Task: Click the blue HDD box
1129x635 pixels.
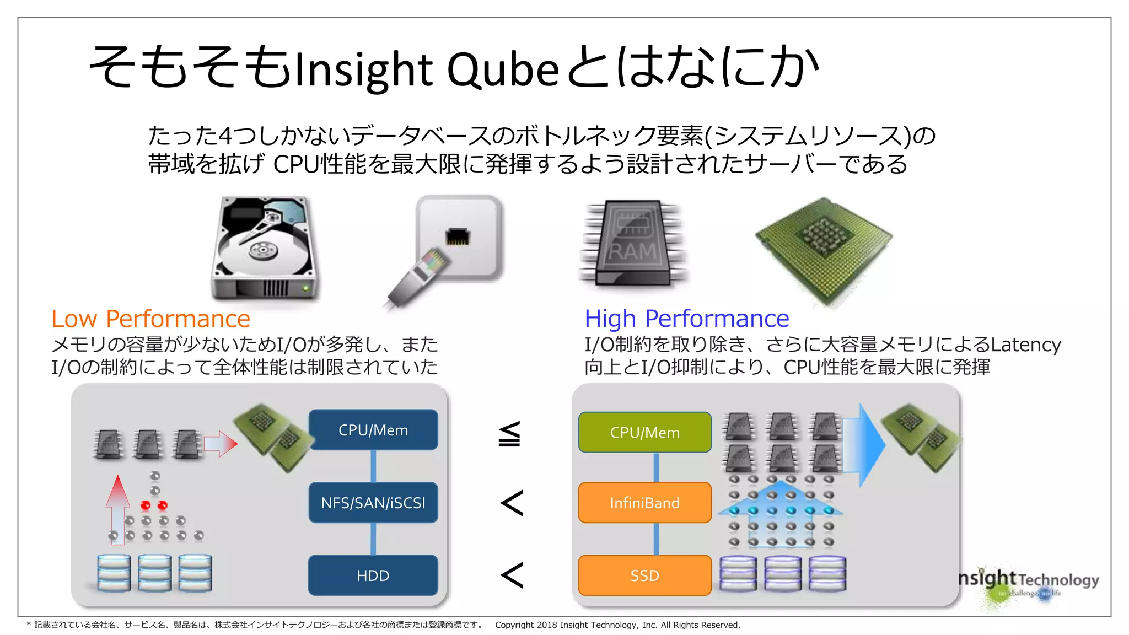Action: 373,575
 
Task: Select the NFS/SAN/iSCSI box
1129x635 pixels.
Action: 373,502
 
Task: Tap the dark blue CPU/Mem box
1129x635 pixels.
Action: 373,429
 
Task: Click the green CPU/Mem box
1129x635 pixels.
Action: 644,432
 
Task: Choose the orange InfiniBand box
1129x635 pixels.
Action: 644,502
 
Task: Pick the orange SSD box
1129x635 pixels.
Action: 644,575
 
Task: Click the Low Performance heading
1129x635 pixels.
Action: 150,319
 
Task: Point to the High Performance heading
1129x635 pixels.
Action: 686,319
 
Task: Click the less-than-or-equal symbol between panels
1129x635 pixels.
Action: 509,434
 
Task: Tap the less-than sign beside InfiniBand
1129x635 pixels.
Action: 512,503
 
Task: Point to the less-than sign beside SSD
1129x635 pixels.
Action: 512,575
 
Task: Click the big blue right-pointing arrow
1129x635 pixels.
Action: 863,444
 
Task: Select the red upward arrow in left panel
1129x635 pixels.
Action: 117,507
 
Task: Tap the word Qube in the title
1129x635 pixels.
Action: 503,70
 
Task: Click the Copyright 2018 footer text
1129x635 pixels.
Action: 617,625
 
